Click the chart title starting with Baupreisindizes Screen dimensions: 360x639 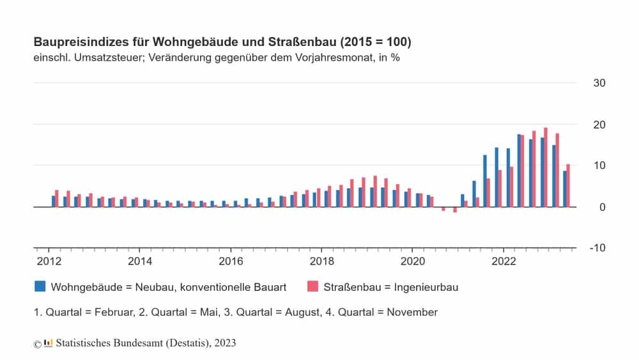pos(222,42)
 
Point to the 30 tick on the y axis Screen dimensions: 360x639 pos(599,83)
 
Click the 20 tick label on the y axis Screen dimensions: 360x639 pos(599,125)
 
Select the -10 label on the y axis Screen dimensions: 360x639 pos(597,248)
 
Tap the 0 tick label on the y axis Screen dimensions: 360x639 pos(602,207)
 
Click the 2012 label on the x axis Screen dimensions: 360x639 pos(49,261)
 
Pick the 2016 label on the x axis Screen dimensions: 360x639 pos(231,261)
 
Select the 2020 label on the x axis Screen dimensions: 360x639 pos(412,261)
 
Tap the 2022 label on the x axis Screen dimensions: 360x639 pos(504,261)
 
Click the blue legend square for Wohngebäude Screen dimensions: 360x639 pos(40,286)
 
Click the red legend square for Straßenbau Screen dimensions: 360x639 pos(312,286)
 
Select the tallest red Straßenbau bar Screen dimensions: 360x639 pos(546,167)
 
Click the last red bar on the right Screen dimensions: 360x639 pos(568,185)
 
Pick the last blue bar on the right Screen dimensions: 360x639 pos(564,189)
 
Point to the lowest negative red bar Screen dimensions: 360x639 pos(455,210)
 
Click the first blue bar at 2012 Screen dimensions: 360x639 pos(54,201)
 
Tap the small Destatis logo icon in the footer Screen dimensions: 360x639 pos(48,343)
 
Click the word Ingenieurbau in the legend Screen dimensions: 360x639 pos(427,287)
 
